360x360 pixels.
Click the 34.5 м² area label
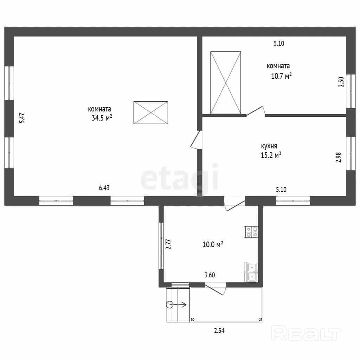102,118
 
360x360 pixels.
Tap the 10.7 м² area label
281,76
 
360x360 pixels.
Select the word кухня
269,146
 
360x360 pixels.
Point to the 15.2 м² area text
271,155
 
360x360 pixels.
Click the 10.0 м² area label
213,244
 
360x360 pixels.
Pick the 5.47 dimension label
22,118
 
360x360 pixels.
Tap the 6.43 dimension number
104,188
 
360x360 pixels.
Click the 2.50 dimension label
341,82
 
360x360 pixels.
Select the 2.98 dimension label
339,157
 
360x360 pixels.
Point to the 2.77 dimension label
168,244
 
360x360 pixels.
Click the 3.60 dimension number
210,275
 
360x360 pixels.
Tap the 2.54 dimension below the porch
219,330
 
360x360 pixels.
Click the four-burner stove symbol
251,232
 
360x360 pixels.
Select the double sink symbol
252,272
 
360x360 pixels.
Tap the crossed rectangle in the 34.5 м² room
151,112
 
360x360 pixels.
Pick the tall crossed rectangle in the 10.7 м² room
226,83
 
